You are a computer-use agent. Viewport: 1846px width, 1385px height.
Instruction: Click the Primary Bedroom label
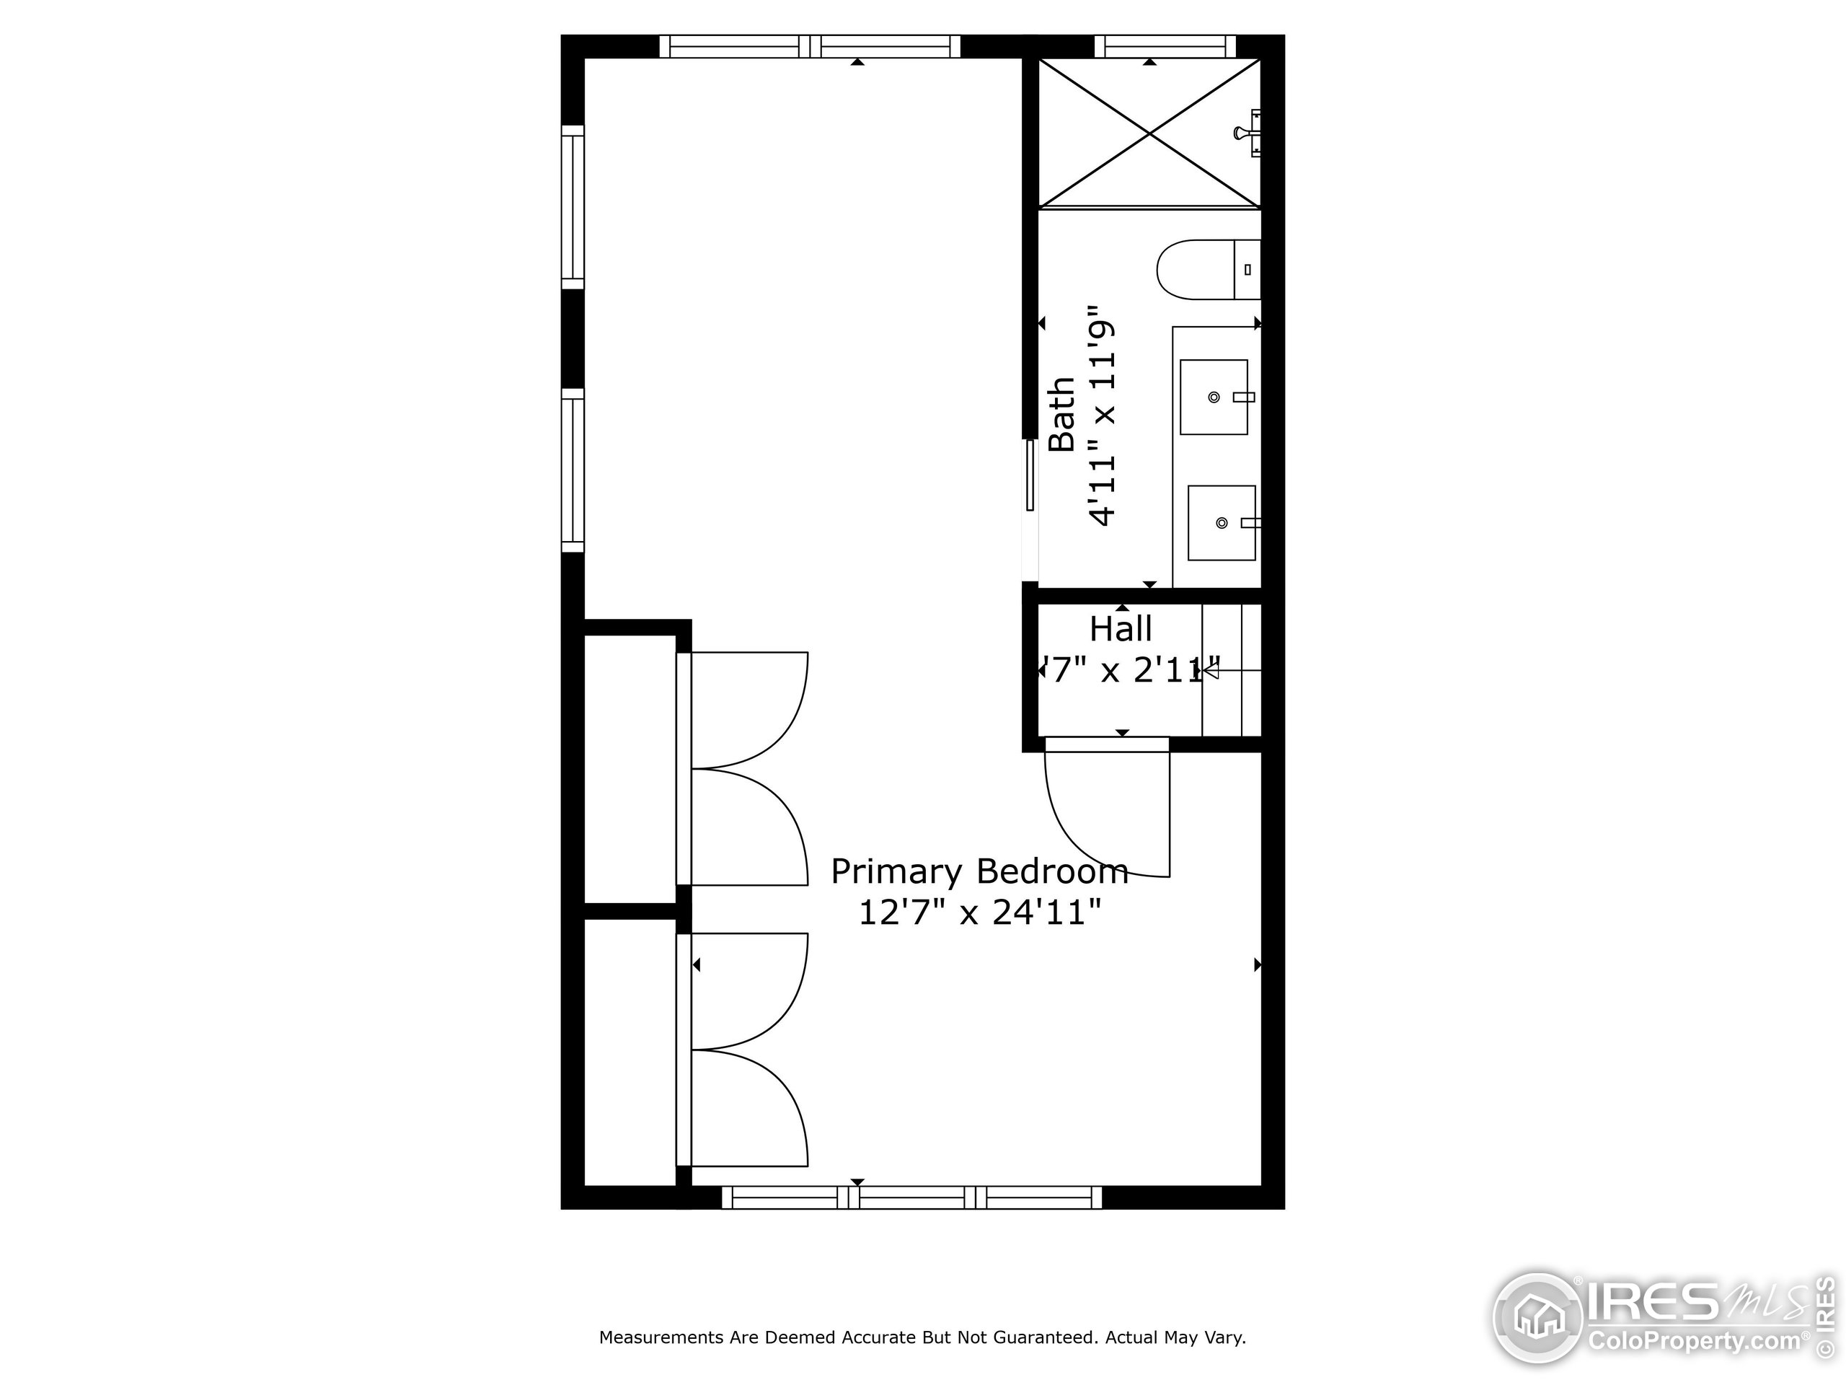[979, 871]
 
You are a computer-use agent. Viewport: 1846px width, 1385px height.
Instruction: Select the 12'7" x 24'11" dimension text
[979, 913]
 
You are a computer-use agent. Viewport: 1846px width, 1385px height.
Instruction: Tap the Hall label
[1120, 628]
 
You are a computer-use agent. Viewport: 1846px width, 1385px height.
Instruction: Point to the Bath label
[1061, 415]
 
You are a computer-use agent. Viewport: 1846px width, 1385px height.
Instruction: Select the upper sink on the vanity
[1214, 397]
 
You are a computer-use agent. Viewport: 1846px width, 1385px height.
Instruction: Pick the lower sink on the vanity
[1221, 522]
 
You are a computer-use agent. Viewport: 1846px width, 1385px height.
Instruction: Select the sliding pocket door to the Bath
[1030, 476]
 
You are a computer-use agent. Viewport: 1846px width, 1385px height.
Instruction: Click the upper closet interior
[630, 768]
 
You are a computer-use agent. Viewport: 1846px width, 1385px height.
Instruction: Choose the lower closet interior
[630, 1052]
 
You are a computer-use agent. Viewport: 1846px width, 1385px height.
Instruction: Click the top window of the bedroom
[810, 46]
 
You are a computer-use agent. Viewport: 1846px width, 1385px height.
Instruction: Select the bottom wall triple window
[911, 1198]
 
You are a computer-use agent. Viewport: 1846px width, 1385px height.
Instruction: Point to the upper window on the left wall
[573, 207]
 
